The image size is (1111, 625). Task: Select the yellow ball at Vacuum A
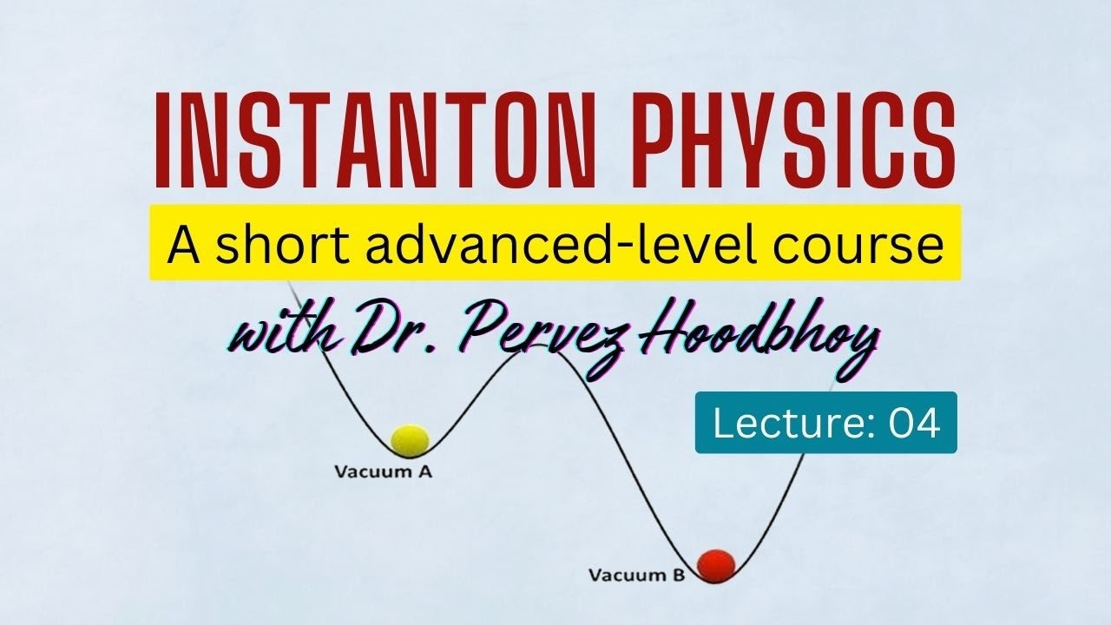pos(410,440)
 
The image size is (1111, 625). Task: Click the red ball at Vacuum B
pos(716,564)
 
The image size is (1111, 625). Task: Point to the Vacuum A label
pos(383,473)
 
